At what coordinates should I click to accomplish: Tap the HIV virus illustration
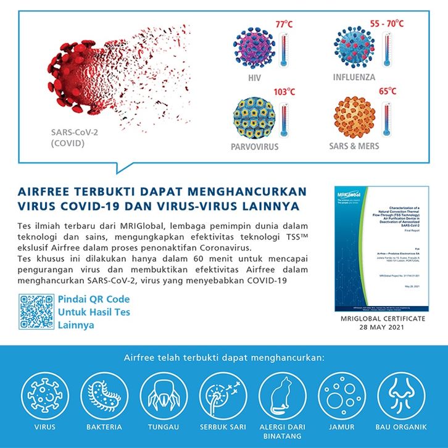(x=254, y=49)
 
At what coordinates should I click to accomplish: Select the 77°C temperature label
(x=284, y=25)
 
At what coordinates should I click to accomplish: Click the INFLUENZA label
(x=354, y=78)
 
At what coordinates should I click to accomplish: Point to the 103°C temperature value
(x=284, y=91)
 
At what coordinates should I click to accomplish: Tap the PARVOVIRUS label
(x=255, y=147)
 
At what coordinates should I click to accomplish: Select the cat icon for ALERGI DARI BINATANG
(x=283, y=395)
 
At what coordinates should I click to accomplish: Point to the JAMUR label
(x=341, y=427)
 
